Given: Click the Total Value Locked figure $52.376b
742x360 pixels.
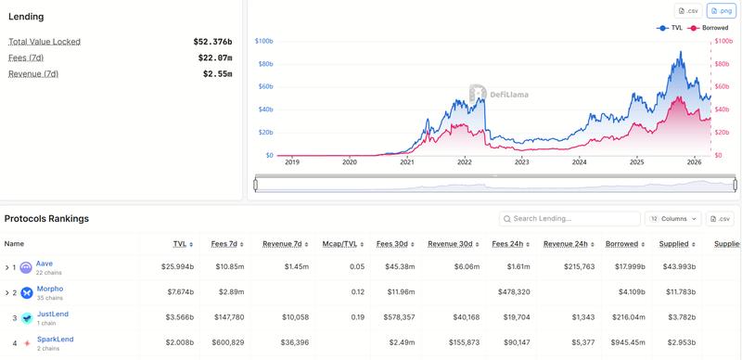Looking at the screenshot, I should (212, 42).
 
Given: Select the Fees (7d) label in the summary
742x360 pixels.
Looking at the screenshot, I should (26, 58).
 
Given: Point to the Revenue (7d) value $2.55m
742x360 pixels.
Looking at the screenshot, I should (217, 73).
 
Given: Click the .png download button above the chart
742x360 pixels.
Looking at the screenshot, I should (721, 11).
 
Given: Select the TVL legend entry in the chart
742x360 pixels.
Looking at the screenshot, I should (671, 28).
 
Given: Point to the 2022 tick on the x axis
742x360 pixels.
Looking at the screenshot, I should (465, 162).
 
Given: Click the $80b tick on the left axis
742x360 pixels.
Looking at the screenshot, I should (263, 64).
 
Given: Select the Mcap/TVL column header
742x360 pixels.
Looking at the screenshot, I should (339, 243).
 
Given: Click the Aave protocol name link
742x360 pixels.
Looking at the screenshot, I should (45, 264).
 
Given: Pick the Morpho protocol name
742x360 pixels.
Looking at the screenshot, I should (50, 289).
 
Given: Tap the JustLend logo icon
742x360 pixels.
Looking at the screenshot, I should (26, 318).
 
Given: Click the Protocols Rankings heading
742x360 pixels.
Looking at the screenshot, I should (46, 219).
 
